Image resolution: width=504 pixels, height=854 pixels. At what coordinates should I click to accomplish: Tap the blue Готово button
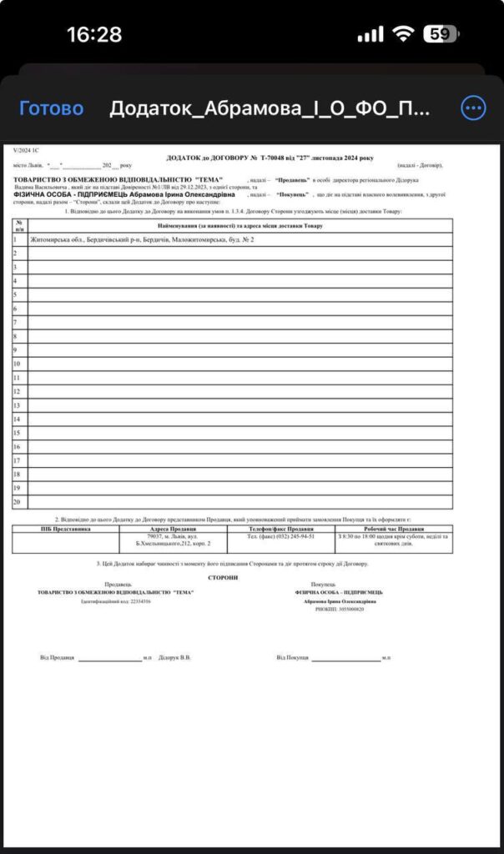tap(51, 108)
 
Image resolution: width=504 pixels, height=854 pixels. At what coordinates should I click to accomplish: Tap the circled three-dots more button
tap(473, 108)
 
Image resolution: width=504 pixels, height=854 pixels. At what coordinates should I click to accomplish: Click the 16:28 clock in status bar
tap(94, 34)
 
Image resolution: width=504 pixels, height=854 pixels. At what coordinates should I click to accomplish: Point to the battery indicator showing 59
tap(440, 34)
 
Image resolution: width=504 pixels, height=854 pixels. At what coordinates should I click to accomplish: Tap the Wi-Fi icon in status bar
tap(404, 34)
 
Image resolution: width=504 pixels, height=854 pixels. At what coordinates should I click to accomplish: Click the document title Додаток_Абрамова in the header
tap(270, 108)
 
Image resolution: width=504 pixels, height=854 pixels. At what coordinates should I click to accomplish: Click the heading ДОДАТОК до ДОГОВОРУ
tap(270, 158)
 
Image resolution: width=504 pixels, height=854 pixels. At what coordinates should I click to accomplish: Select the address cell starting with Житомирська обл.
tap(142, 240)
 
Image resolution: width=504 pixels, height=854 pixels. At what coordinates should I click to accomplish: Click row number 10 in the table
tap(17, 363)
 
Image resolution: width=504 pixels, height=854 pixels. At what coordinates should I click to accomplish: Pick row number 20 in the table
tap(17, 502)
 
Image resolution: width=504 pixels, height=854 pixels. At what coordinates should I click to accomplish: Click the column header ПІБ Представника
tap(65, 529)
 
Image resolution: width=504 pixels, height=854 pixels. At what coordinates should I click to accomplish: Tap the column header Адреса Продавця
tap(172, 529)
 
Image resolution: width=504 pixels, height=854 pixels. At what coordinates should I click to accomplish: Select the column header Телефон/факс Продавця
tap(281, 529)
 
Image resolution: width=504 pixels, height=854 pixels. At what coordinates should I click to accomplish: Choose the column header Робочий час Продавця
tap(394, 529)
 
